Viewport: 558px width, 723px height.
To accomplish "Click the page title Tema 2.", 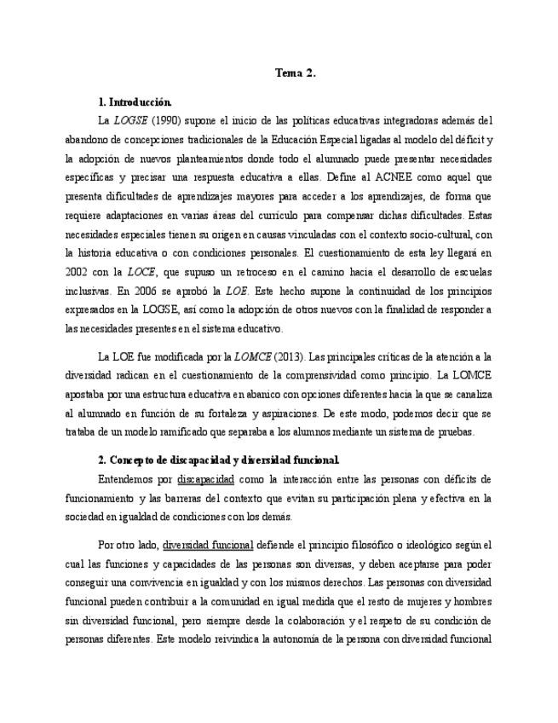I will (x=295, y=73).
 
